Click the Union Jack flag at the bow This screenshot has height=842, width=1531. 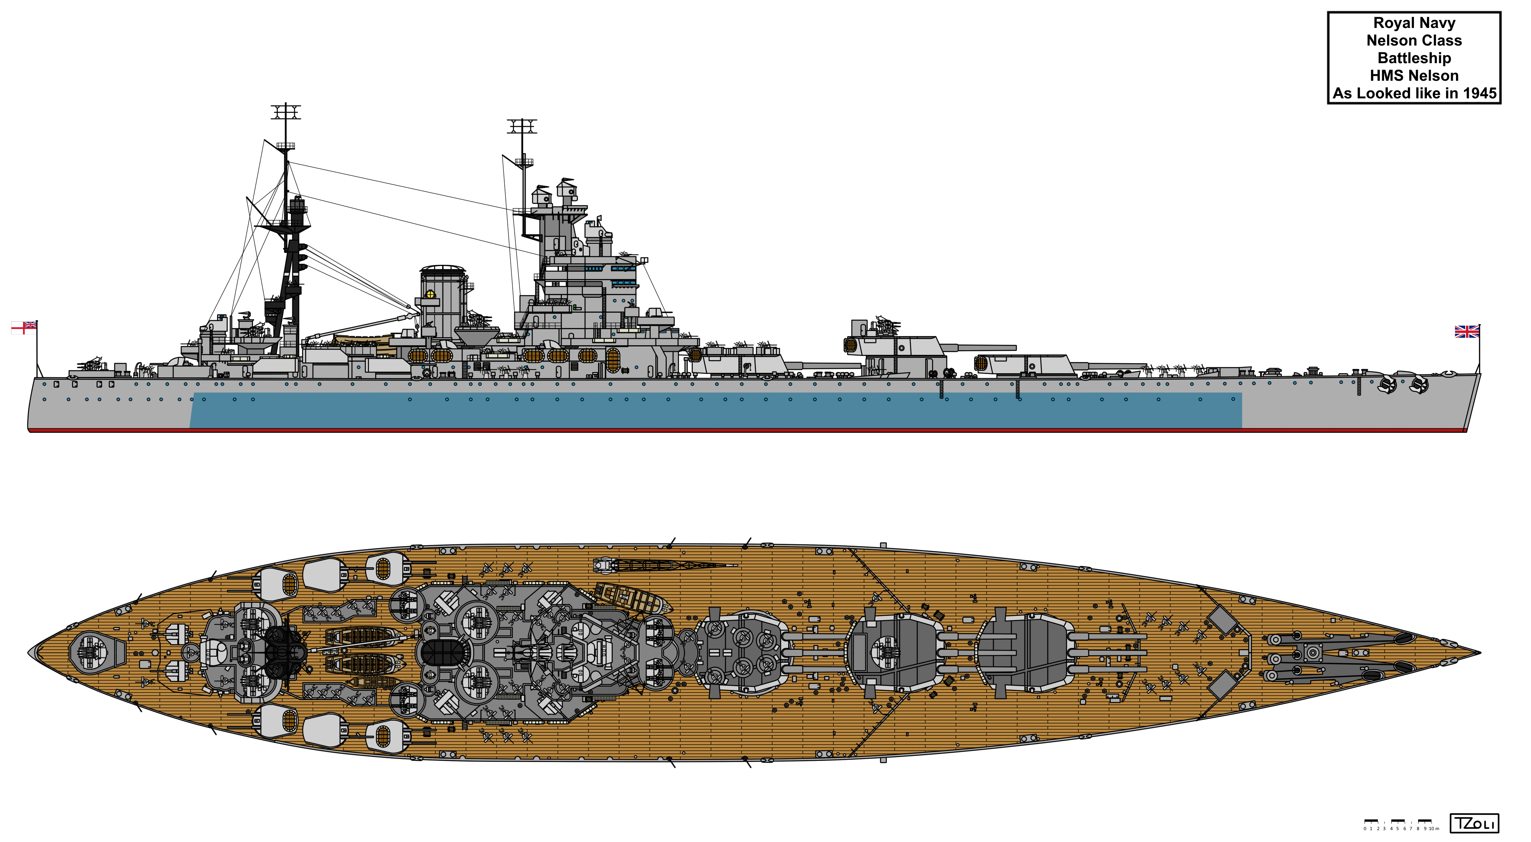[1466, 331]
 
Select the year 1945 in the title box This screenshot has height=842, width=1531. [1479, 93]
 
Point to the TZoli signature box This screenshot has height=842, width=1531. [1474, 824]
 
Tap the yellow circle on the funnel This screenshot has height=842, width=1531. [430, 295]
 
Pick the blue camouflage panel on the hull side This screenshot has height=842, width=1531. [716, 410]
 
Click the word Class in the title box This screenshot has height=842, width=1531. [1443, 41]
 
